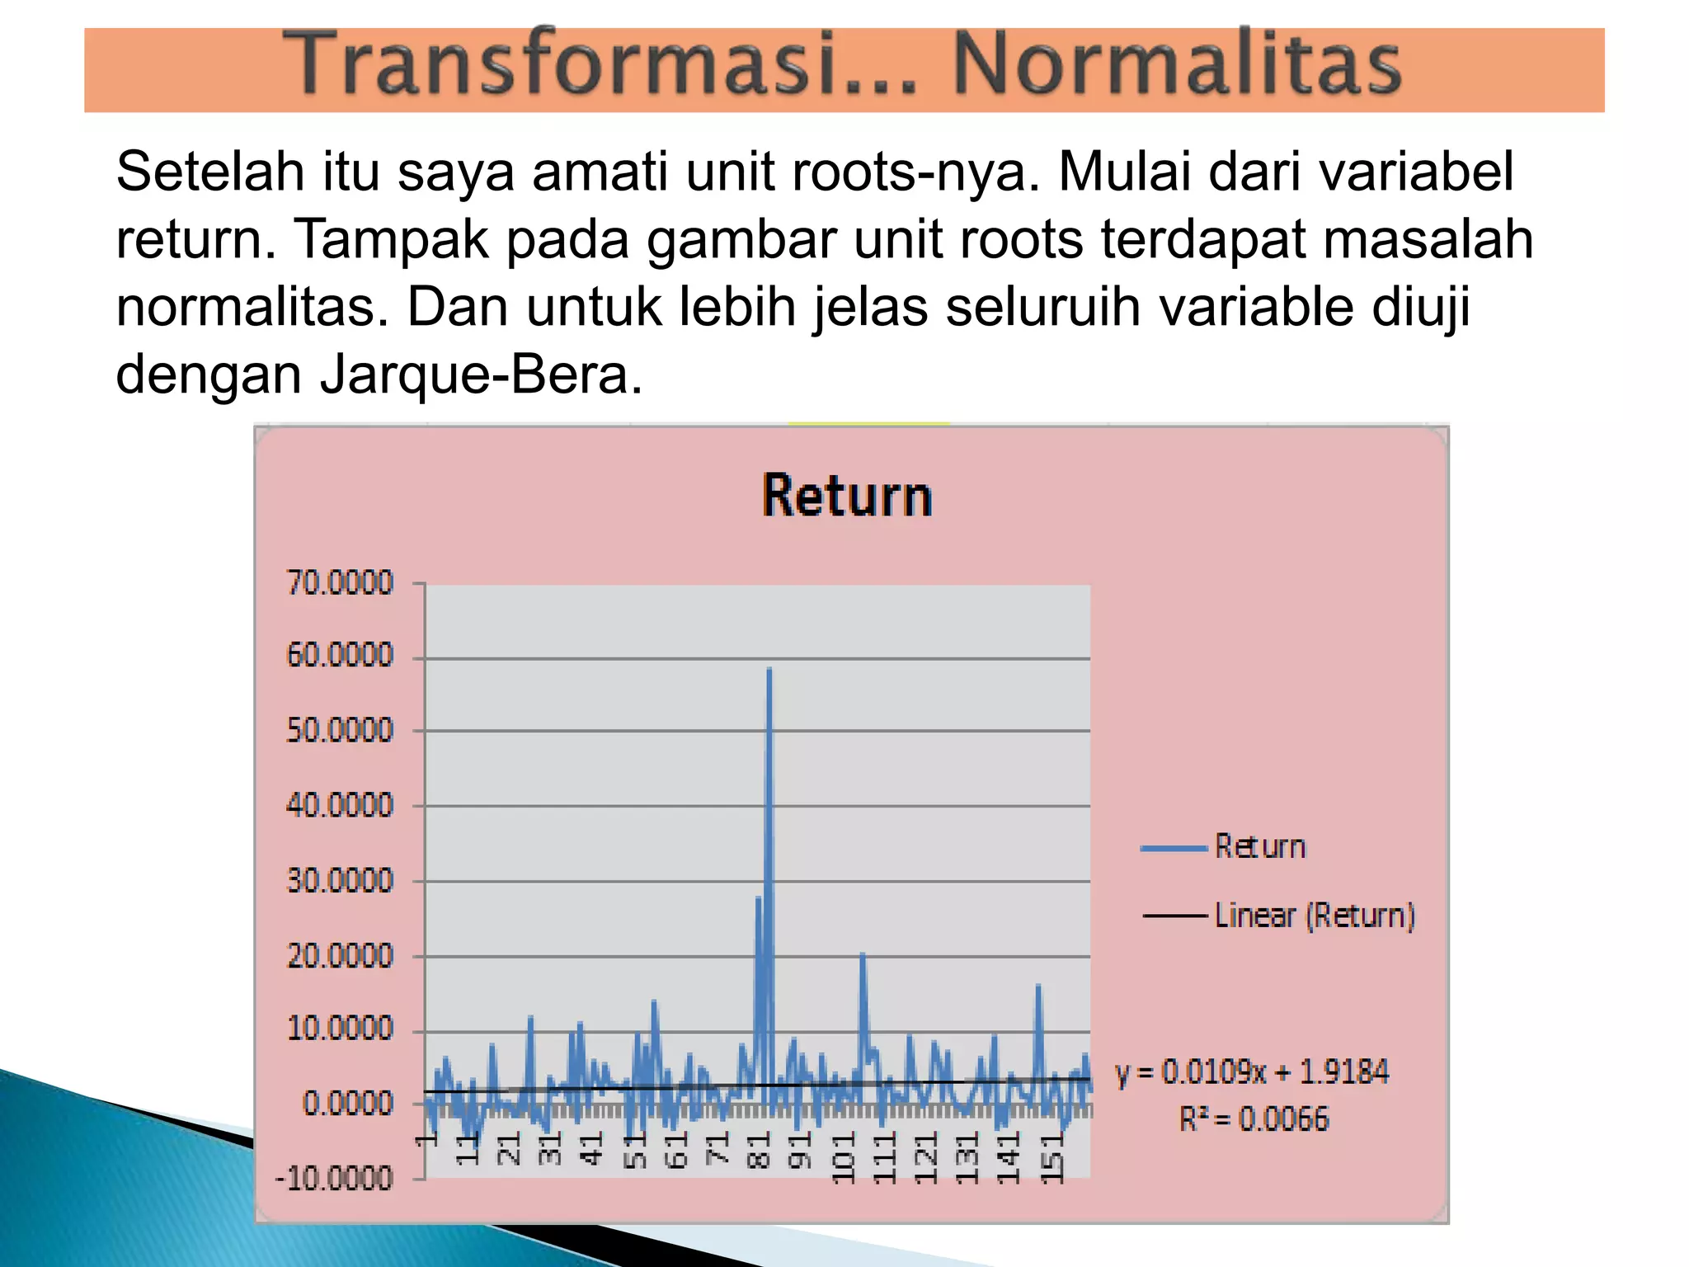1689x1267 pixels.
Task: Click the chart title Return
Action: click(x=847, y=497)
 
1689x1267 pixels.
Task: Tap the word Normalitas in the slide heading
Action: click(x=1177, y=64)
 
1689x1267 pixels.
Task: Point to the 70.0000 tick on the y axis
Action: click(x=340, y=583)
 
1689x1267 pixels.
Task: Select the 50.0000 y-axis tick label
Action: click(x=340, y=731)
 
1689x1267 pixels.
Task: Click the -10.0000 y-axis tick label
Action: click(x=335, y=1179)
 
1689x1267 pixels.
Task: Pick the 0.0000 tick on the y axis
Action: click(x=347, y=1104)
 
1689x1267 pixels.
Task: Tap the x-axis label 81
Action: click(x=759, y=1149)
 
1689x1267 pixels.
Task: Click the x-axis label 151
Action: click(x=1052, y=1157)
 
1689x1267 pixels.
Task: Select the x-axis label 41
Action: click(x=592, y=1148)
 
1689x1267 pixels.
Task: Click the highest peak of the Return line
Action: click(x=769, y=670)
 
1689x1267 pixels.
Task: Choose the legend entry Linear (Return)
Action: click(x=1314, y=916)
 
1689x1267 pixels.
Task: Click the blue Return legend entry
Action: click(x=1260, y=847)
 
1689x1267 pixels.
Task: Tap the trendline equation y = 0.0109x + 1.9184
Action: click(x=1252, y=1072)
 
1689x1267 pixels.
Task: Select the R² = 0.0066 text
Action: click(x=1254, y=1119)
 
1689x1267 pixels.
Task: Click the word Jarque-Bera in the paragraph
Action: click(x=481, y=375)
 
